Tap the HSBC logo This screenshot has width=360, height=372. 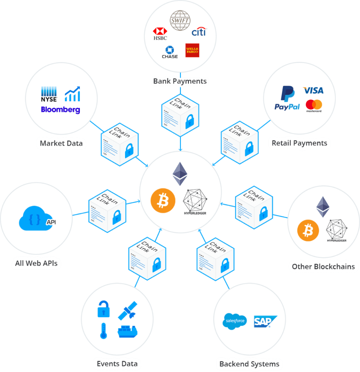coord(160,33)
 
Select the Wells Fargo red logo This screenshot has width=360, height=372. coord(192,51)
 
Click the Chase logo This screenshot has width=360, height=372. coord(170,52)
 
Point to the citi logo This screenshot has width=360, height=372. coord(198,32)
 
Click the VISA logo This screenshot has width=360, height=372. coord(313,90)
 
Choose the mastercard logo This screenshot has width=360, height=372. coord(314,106)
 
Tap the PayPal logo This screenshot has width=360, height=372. coord(287,98)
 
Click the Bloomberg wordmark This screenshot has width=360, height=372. coord(60,109)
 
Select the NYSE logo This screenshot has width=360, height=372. coord(49,94)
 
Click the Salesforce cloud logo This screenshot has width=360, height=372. coord(235,321)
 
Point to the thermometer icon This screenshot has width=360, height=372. coord(103,331)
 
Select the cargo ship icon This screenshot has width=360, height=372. coord(127,331)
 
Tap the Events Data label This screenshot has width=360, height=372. coord(117,364)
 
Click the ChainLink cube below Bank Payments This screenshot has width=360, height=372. coord(180,116)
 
